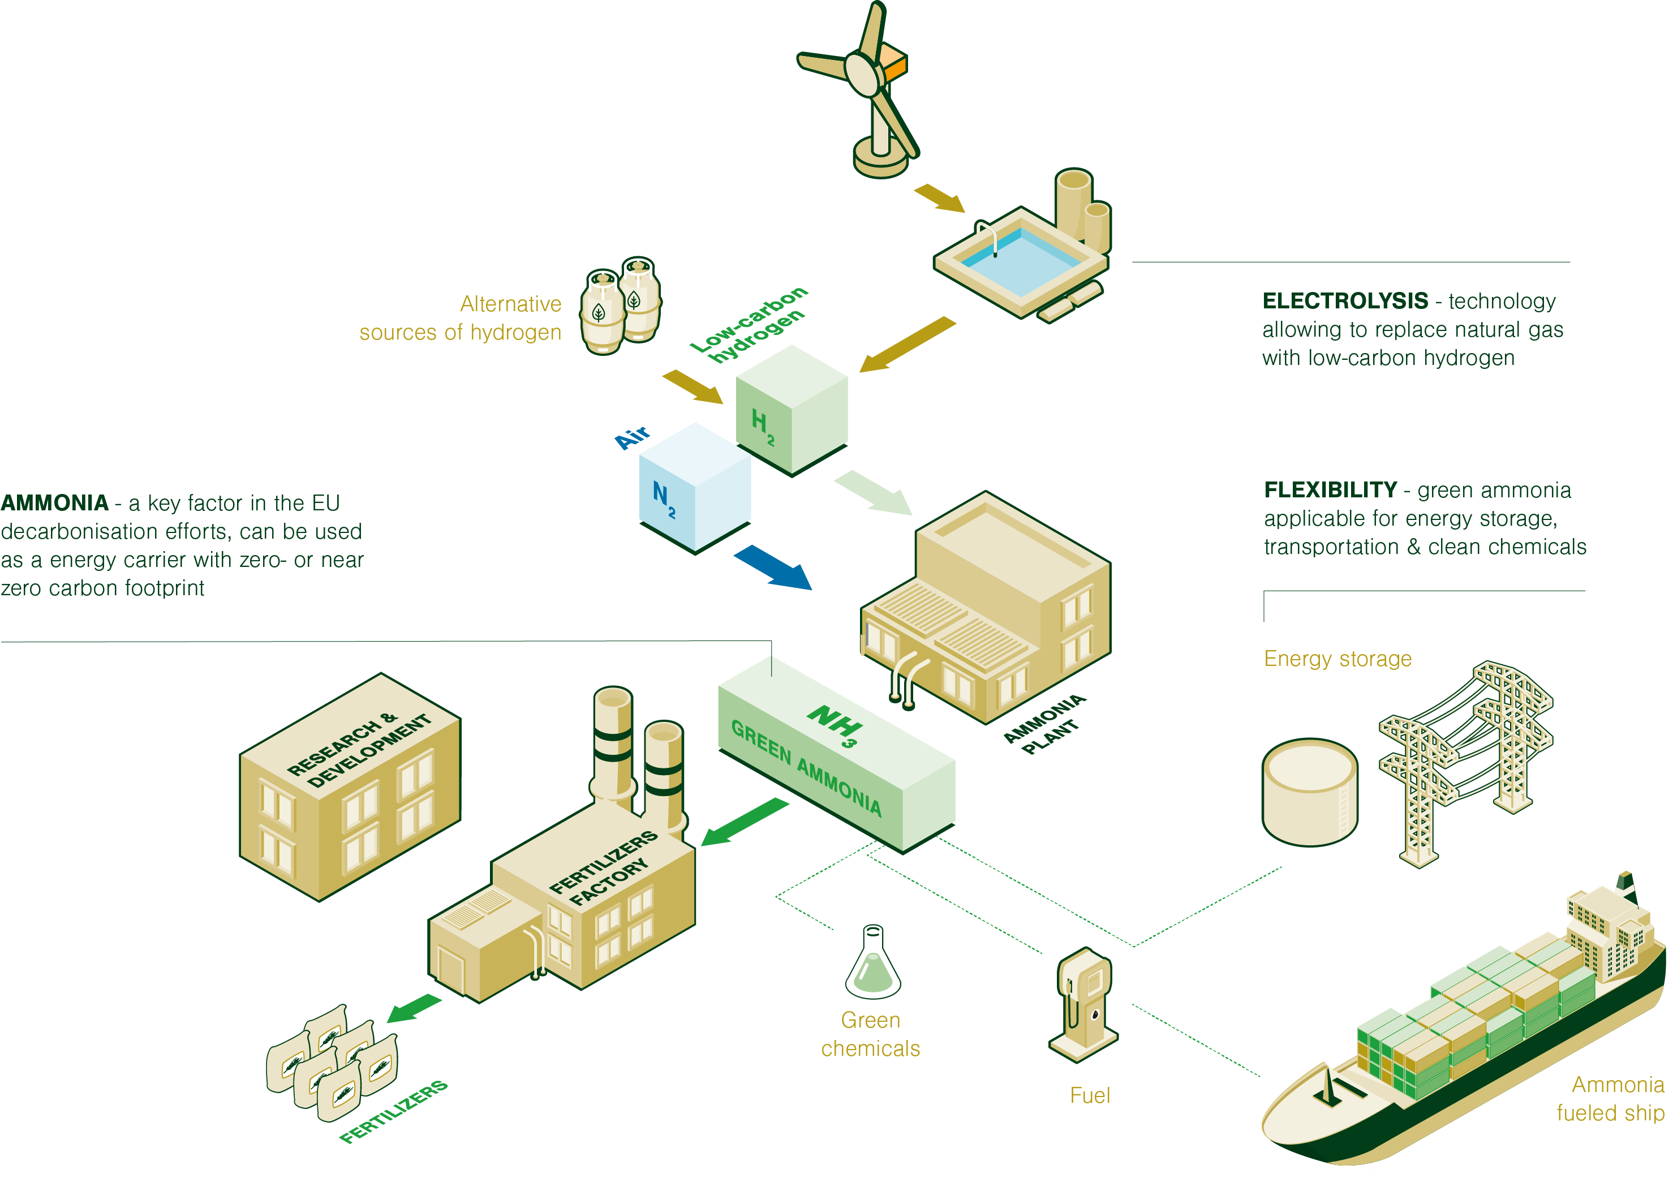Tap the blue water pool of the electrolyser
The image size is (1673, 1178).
(x=1020, y=263)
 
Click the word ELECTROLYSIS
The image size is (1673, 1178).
(x=1345, y=301)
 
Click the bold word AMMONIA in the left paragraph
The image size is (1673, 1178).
(x=55, y=502)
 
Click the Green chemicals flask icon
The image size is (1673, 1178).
(x=873, y=965)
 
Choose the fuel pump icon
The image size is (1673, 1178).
(x=1084, y=1005)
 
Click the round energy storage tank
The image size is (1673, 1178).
(x=1309, y=793)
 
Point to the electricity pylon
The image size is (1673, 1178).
(x=1465, y=758)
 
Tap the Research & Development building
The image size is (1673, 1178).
(x=350, y=787)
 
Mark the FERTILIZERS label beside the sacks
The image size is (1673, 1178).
(x=393, y=1111)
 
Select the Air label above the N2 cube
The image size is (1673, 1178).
(x=633, y=437)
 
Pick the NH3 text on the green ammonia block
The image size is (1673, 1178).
(x=835, y=725)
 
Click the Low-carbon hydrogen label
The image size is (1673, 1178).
(x=751, y=325)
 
